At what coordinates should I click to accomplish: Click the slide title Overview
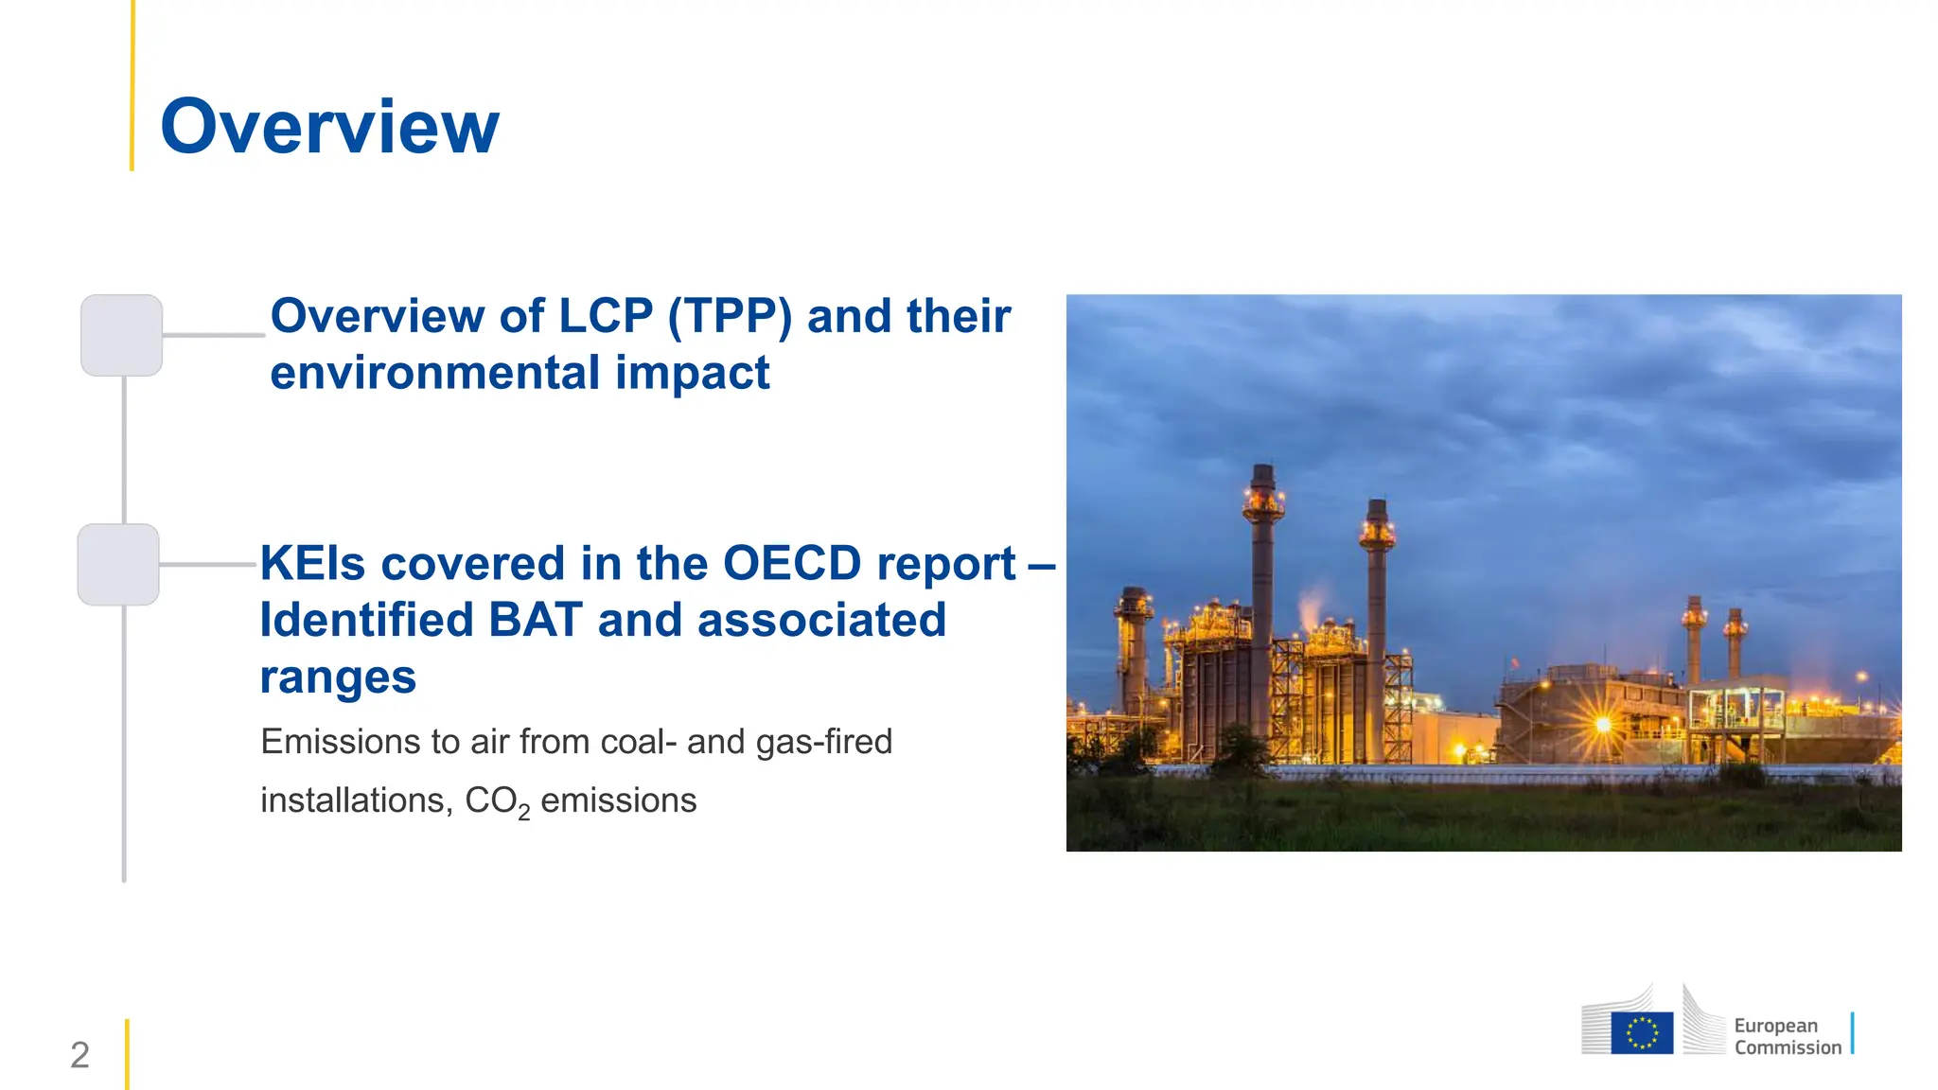pos(329,127)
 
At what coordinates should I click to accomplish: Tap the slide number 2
pos(79,1055)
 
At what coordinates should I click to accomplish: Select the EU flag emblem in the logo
pos(1642,1032)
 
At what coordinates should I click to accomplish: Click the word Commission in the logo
pos(1788,1047)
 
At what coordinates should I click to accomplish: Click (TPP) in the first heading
pos(730,316)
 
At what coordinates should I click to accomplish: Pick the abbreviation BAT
pos(535,621)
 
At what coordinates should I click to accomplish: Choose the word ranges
pos(338,677)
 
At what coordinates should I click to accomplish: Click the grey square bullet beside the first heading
pos(121,335)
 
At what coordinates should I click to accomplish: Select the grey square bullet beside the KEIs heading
pos(118,565)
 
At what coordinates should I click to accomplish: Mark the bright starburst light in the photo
pos(1603,725)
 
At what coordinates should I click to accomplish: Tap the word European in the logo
pos(1775,1026)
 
